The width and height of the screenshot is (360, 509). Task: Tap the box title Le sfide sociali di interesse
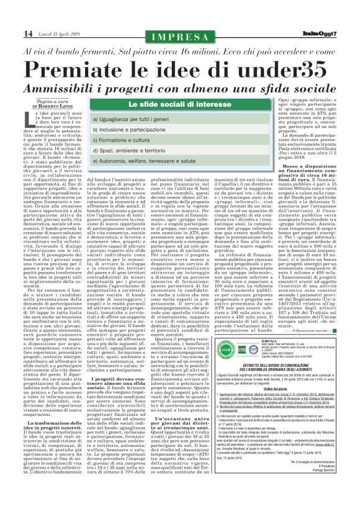179,106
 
